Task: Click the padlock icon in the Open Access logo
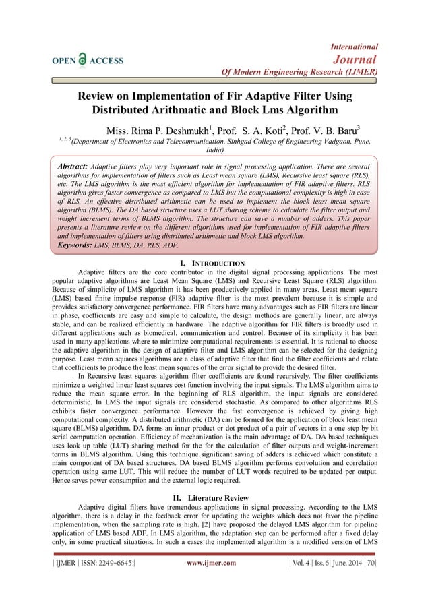point(82,59)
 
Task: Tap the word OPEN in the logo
point(61,61)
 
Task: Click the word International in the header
point(355,47)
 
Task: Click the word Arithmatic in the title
point(216,109)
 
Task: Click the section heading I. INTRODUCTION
point(214,262)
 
